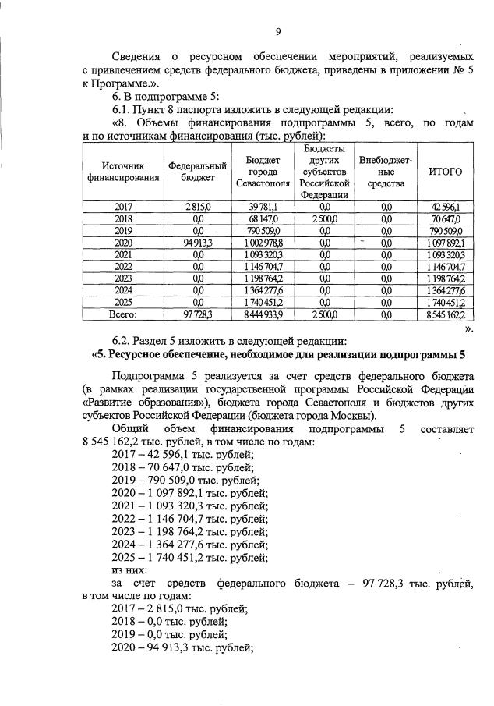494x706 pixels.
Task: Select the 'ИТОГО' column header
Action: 446,171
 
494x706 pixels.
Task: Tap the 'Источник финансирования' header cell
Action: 123,171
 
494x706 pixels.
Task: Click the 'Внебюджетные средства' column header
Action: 386,171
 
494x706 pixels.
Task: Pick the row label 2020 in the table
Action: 123,243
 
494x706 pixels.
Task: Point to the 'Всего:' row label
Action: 123,314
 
